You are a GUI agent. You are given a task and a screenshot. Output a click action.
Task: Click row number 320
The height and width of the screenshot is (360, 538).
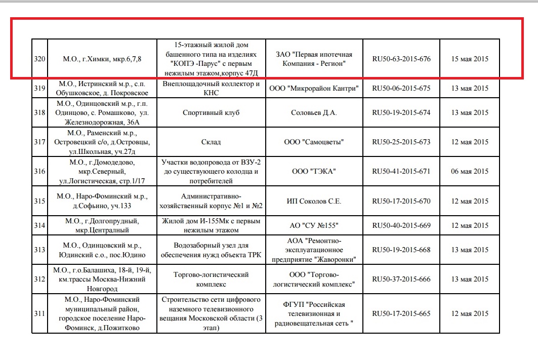(x=39, y=59)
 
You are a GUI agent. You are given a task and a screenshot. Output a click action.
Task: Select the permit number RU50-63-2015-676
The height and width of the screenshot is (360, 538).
(x=401, y=59)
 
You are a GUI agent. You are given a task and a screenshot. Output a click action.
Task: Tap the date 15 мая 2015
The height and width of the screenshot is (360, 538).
(x=469, y=59)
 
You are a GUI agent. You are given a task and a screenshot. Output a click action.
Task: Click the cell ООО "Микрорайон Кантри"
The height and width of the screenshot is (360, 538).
(x=314, y=88)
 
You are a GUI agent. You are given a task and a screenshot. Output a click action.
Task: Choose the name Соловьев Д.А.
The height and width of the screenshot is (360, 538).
(x=314, y=112)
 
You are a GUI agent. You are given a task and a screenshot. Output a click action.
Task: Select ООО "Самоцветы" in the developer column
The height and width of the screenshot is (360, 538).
(x=314, y=142)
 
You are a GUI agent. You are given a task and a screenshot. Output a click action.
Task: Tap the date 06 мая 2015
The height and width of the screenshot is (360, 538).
(x=469, y=171)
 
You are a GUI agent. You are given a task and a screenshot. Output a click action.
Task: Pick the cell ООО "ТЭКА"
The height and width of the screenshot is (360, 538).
(x=314, y=171)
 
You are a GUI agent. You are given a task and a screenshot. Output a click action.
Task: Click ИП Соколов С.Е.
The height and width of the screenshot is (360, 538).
(x=314, y=201)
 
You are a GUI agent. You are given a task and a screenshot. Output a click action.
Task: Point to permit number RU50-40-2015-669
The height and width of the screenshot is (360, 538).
(x=401, y=225)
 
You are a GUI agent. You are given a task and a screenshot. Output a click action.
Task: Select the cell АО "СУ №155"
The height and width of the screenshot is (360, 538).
(x=314, y=225)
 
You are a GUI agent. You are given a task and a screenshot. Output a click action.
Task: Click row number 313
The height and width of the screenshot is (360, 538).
(x=39, y=250)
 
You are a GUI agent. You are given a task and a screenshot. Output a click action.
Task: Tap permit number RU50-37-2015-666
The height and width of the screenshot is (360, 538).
(x=401, y=279)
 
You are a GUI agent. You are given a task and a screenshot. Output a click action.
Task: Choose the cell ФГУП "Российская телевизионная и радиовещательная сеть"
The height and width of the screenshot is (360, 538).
(x=314, y=313)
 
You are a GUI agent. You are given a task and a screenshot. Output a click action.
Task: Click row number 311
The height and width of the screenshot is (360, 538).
(x=39, y=313)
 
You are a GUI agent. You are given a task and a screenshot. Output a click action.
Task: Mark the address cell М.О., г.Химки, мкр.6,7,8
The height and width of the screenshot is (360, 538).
(x=102, y=59)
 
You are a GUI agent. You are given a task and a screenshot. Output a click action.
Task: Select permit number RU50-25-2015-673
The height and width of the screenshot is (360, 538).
(x=401, y=142)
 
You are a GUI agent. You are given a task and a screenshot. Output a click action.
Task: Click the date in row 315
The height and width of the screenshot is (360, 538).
(x=469, y=201)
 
